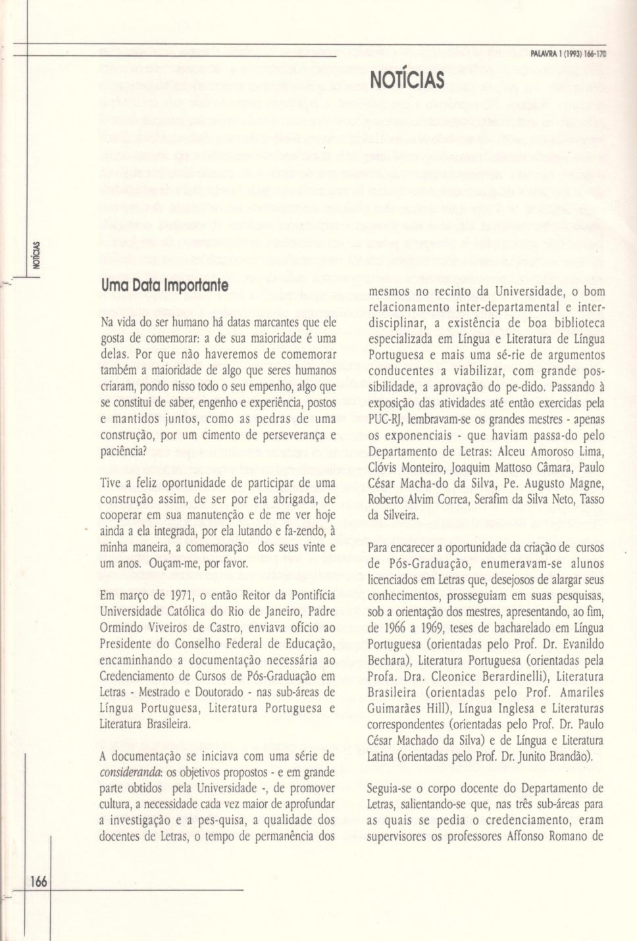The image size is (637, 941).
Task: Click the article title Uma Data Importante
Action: [165, 286]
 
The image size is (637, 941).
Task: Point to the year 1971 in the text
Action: [182, 596]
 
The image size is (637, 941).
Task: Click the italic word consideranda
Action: [123, 772]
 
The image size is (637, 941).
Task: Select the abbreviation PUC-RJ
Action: [387, 419]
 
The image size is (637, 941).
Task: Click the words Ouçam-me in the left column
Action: [172, 563]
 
